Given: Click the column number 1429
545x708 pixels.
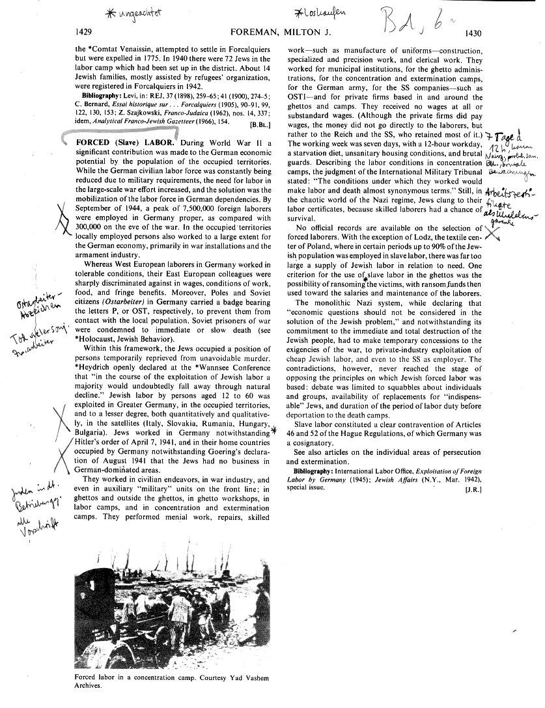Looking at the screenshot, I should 87,32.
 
